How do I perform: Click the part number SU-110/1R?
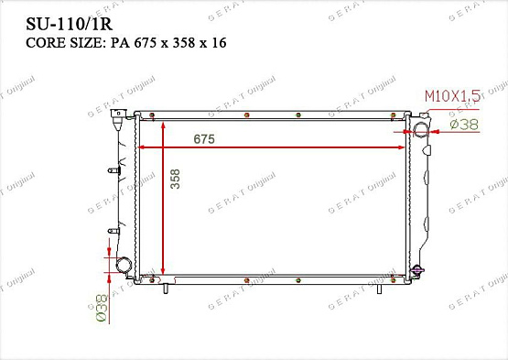(70, 24)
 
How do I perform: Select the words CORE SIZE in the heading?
(64, 43)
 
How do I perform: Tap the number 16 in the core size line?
(219, 43)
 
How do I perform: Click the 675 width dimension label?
(204, 139)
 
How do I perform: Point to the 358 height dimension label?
(175, 179)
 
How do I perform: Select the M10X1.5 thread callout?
(452, 96)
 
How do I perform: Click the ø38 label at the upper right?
(464, 125)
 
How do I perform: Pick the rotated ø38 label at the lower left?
(102, 308)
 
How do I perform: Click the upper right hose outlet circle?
(421, 130)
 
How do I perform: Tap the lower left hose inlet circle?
(124, 265)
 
